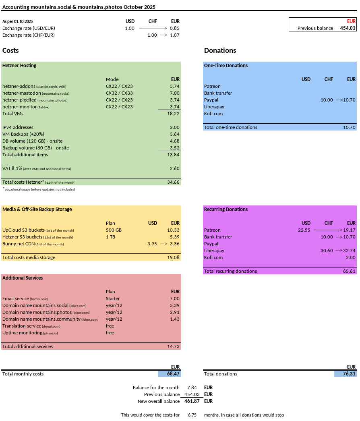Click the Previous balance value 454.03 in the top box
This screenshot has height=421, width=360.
[348, 28]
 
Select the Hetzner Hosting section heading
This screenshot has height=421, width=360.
[19, 66]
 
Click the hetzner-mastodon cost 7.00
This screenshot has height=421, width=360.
[174, 93]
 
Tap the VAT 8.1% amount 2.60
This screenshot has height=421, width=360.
[174, 168]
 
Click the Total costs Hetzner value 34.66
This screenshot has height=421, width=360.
[174, 182]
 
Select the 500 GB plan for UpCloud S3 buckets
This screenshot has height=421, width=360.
[114, 230]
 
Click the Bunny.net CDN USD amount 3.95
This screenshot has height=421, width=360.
[152, 244]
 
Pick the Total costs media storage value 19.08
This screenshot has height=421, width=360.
[174, 257]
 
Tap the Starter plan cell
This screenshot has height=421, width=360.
[113, 299]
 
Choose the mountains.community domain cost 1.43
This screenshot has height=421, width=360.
[174, 319]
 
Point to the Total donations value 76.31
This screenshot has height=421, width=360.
[349, 374]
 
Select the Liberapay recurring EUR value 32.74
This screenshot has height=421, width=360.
[349, 251]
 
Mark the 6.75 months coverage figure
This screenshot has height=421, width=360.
[192, 415]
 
